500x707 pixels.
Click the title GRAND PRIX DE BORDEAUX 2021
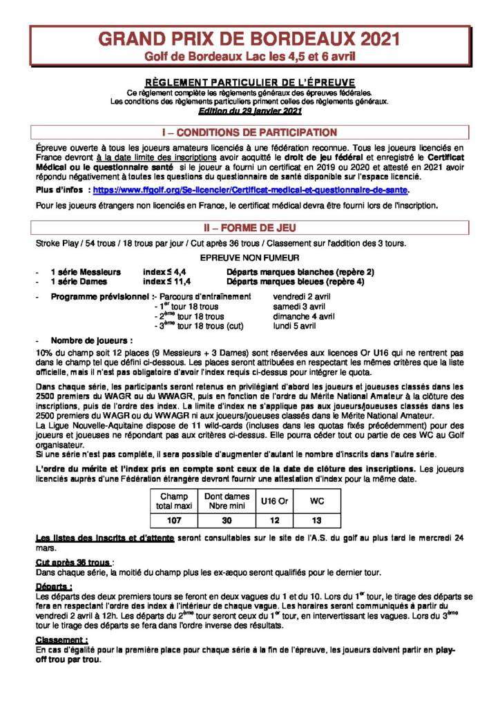[249, 39]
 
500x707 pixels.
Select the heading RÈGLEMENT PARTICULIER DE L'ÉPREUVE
[249, 81]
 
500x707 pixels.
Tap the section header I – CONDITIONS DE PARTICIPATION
[249, 132]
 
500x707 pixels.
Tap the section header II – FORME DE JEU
[249, 227]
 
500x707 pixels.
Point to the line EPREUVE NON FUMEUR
[249, 257]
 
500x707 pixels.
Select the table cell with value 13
[317, 520]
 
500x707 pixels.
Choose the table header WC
[317, 501]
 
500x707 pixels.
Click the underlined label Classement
[61, 639]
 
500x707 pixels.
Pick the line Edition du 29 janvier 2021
[249, 110]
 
